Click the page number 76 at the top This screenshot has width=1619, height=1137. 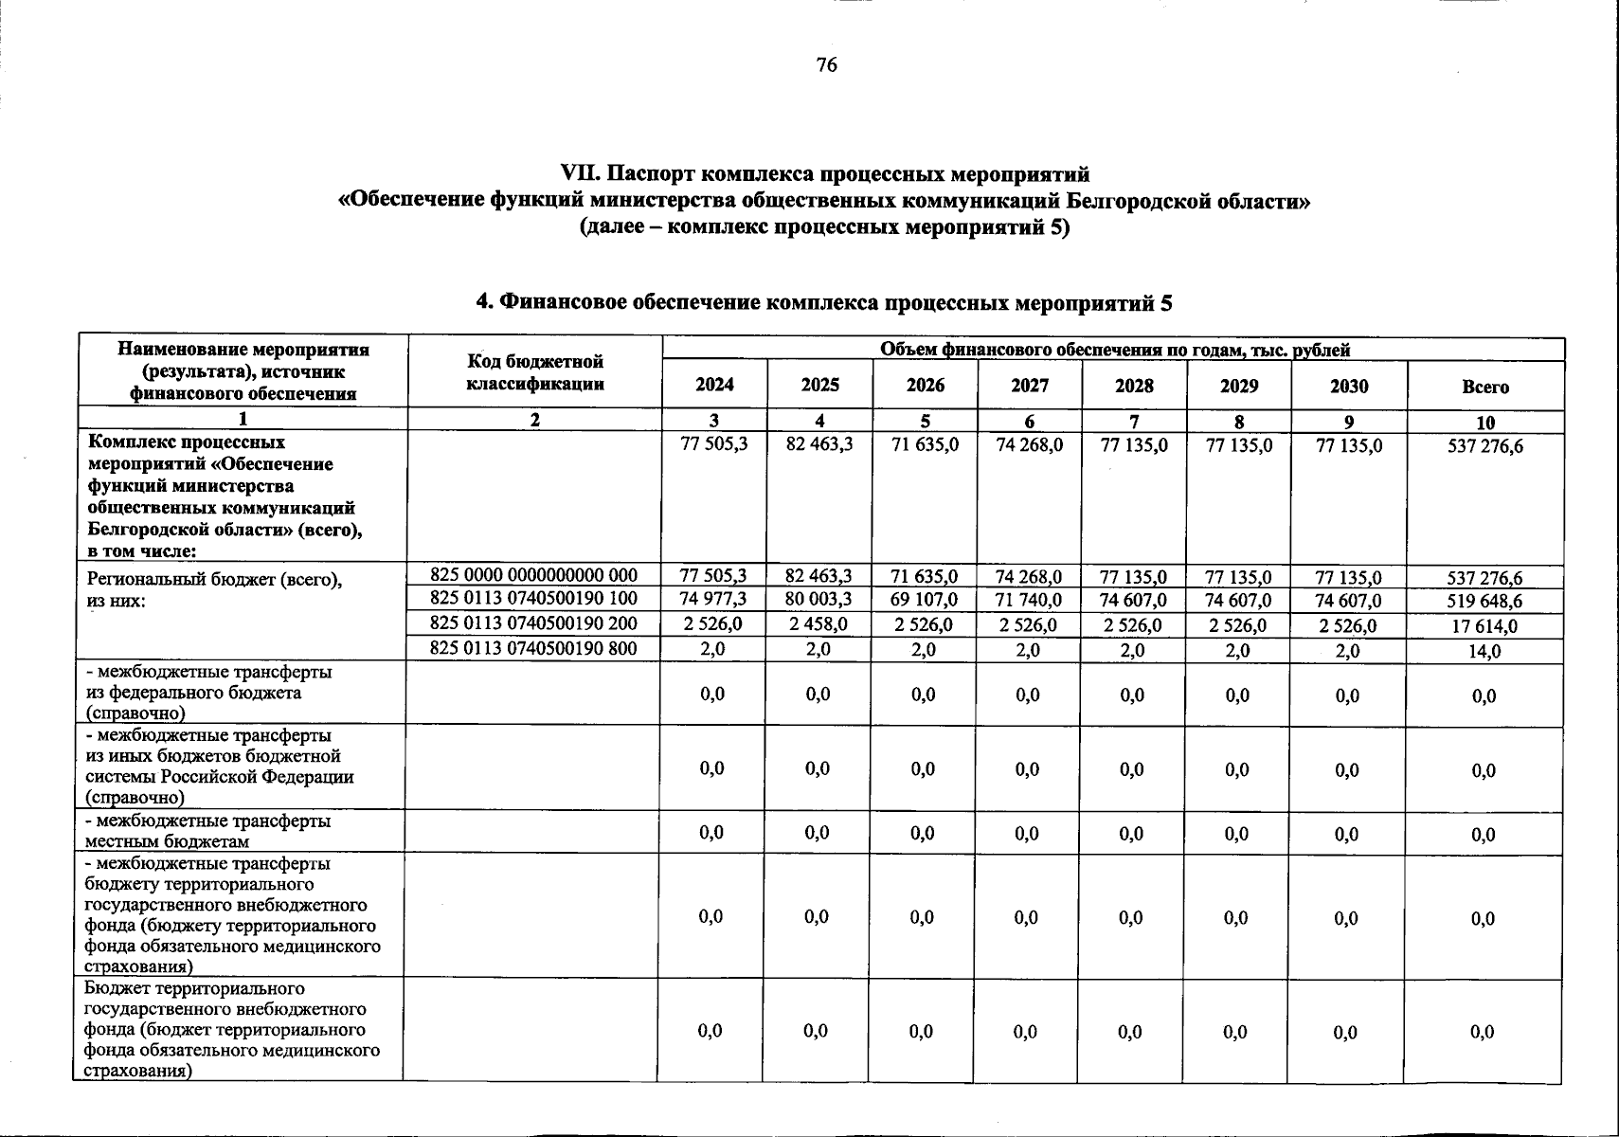[x=826, y=64]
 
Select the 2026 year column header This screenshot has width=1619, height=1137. [x=925, y=386]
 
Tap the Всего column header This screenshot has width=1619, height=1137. [x=1484, y=387]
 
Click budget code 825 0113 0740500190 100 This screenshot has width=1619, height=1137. [x=533, y=599]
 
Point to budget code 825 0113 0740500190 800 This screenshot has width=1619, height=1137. [x=533, y=649]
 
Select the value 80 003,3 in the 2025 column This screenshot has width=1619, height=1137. [x=819, y=600]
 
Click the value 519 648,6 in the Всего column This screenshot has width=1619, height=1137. [x=1484, y=602]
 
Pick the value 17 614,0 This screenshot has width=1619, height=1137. [x=1484, y=626]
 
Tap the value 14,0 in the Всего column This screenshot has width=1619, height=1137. [x=1484, y=652]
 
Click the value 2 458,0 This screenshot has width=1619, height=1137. [x=819, y=624]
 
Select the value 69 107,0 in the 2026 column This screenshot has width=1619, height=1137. [x=925, y=601]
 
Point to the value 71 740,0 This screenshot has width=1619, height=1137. [x=1029, y=601]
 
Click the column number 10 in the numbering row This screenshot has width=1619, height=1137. [x=1484, y=423]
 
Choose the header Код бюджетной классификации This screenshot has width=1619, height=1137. [x=535, y=372]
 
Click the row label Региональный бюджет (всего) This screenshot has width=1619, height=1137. [x=213, y=580]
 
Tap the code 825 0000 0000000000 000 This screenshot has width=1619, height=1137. [x=533, y=574]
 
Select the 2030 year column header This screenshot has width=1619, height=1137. [x=1349, y=387]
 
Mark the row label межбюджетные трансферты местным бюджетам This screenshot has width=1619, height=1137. [x=208, y=831]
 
